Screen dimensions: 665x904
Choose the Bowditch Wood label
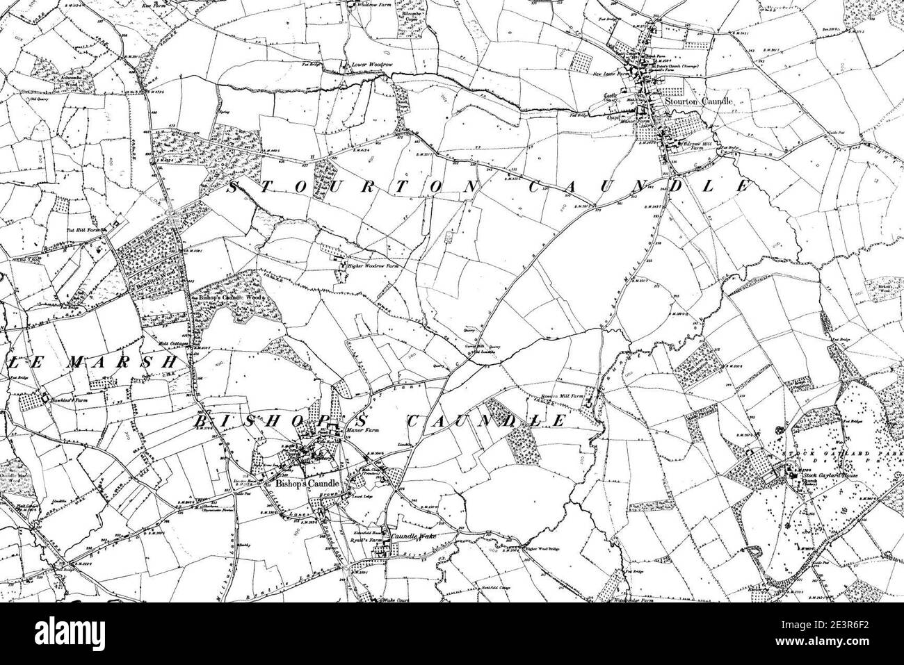pos(149,284)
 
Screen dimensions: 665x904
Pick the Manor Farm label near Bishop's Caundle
pos(361,432)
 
